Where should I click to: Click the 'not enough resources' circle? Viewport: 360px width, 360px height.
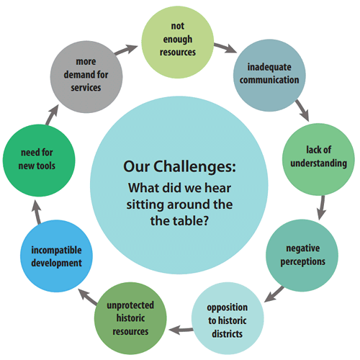178,42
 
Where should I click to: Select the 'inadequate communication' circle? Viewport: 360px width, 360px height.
269,76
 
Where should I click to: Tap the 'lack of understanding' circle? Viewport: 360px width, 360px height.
318,159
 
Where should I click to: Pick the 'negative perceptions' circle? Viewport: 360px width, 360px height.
302,256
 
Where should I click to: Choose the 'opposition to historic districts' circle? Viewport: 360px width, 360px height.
228,318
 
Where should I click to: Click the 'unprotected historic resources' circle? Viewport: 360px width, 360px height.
130,318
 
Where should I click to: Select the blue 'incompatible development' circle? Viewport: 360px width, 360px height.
56,256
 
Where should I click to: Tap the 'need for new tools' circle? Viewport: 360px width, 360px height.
39,161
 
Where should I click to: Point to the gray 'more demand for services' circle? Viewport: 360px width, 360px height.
86,77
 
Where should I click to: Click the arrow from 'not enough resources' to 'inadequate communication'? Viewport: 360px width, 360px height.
225,48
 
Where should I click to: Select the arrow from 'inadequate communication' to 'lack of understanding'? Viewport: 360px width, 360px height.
302,110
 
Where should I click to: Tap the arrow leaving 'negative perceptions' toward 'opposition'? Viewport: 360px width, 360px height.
274,294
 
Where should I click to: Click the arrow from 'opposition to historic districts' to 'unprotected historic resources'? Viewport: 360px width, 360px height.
181,330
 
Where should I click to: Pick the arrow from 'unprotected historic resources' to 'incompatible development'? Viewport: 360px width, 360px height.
88,297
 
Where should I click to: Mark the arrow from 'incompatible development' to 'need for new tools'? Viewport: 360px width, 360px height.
37,212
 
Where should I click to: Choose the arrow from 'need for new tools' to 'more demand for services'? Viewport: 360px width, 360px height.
53,114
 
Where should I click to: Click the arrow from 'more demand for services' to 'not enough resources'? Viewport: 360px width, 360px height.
126,50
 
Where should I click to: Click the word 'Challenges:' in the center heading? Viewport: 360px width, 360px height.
194,167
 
